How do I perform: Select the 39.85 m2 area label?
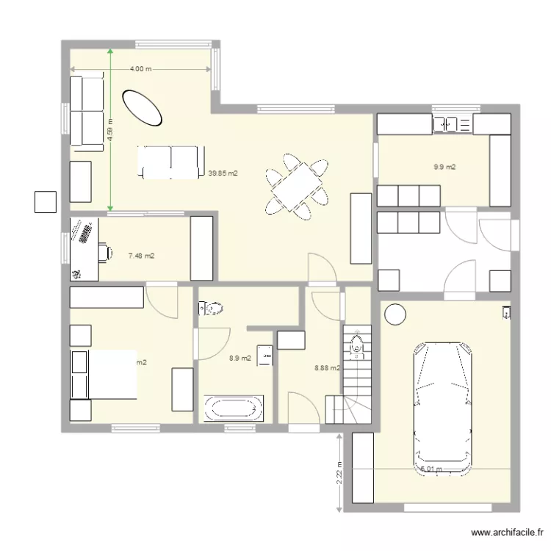[223, 174]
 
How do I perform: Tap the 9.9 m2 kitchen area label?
[444, 168]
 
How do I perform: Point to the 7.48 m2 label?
[141, 256]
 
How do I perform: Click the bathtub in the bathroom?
[234, 408]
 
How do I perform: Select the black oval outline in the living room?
[141, 107]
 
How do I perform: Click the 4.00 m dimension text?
[140, 69]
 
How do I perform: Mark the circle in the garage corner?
[395, 314]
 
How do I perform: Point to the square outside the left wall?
[46, 201]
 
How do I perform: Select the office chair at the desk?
[106, 253]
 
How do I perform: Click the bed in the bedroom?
[104, 375]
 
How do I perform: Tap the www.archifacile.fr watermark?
[508, 533]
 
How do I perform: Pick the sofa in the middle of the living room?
[171, 162]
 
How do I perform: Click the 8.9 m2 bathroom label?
[240, 359]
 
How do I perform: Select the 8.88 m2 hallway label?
[326, 368]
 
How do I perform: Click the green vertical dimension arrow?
[110, 131]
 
